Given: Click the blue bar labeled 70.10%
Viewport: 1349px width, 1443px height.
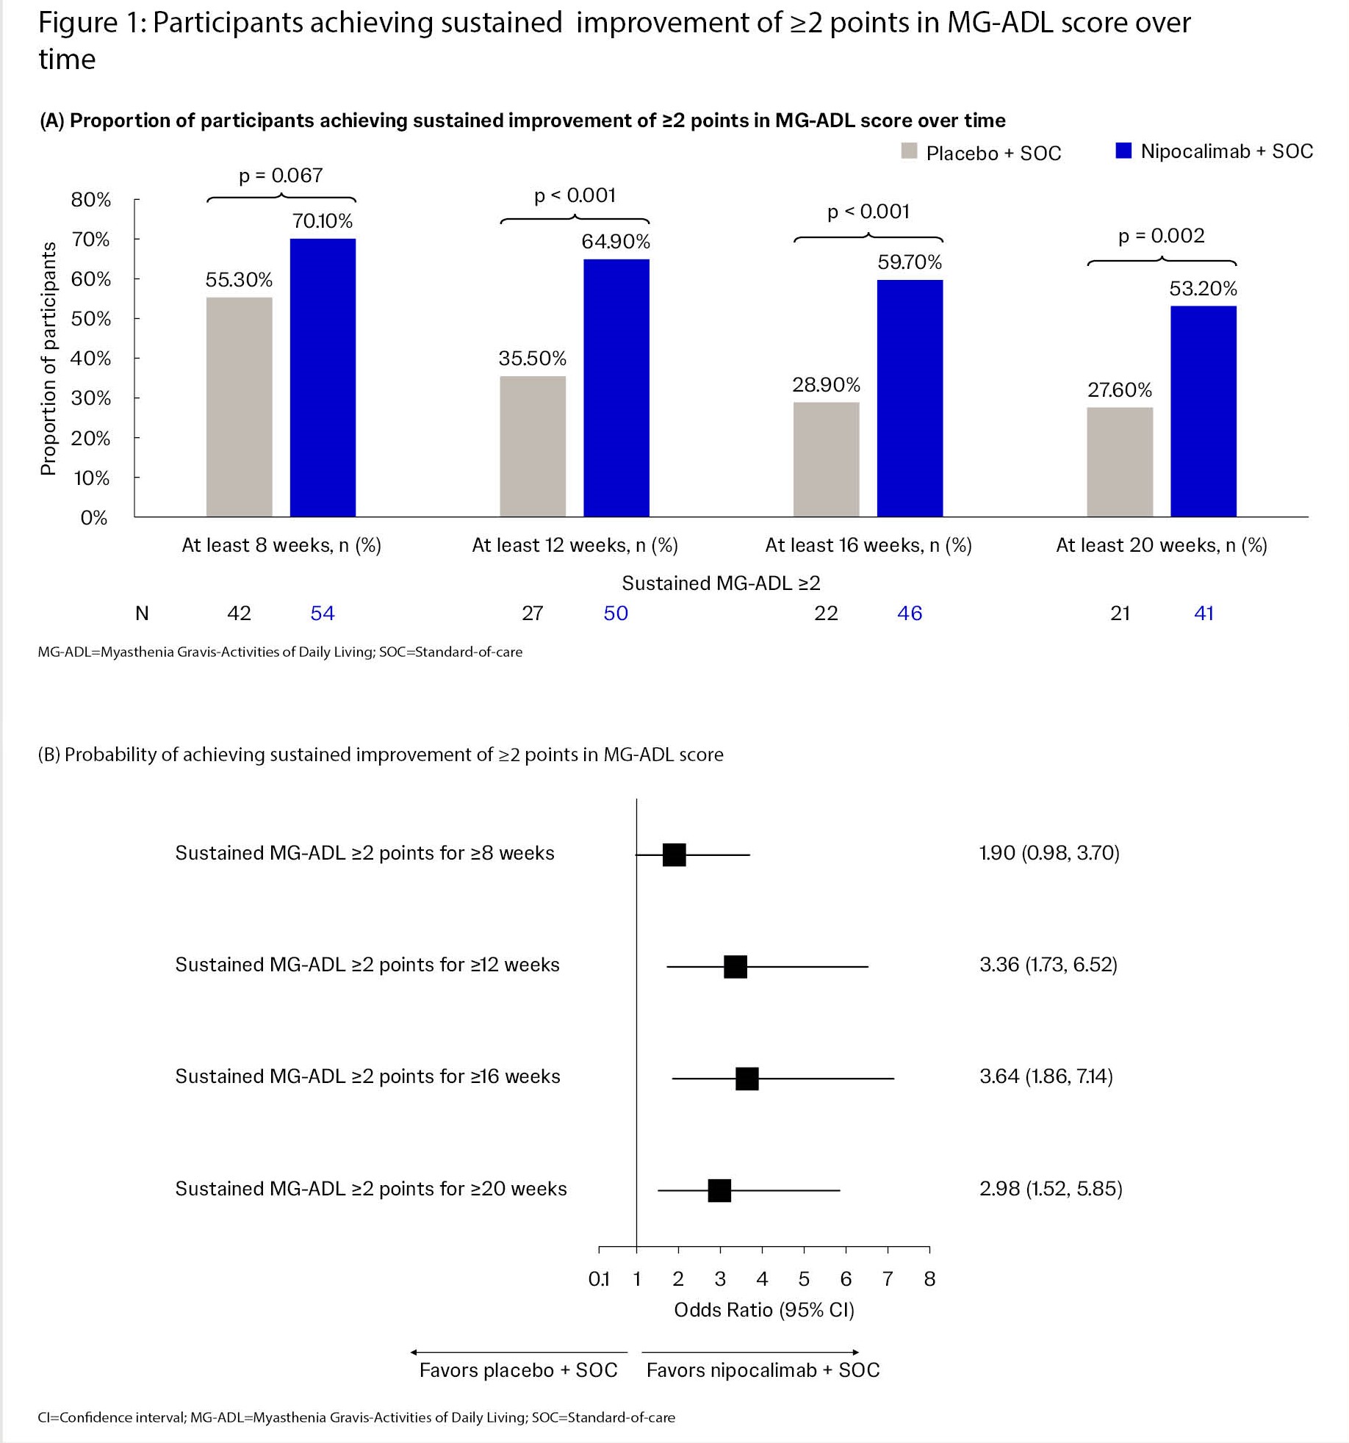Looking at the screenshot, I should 323,378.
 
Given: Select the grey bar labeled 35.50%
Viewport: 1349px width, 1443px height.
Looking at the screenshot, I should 533,446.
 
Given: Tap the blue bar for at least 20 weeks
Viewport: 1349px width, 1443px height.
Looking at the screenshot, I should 1203,411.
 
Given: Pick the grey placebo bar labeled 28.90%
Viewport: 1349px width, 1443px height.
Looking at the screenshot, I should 826,459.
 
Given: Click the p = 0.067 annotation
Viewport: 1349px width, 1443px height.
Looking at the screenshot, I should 281,176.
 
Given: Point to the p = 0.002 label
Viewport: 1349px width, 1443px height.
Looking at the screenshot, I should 1161,236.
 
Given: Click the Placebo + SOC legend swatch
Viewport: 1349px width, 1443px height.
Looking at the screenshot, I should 910,151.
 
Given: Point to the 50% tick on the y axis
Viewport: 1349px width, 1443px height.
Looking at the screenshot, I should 91,319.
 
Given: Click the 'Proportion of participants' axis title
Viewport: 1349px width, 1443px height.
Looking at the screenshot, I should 48,359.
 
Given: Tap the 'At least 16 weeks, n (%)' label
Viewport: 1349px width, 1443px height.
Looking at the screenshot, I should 868,545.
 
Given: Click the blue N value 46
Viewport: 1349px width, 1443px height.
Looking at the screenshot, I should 909,613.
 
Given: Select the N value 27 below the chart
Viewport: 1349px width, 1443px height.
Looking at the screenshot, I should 532,613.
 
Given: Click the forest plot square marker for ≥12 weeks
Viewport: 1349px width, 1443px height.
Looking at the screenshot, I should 735,967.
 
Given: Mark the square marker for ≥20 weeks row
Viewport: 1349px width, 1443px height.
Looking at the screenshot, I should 719,1191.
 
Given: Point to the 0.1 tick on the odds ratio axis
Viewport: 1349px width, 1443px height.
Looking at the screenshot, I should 599,1279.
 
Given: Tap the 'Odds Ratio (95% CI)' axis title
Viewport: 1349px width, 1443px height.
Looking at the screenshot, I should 763,1310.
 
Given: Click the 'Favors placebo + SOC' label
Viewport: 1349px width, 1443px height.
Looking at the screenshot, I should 518,1370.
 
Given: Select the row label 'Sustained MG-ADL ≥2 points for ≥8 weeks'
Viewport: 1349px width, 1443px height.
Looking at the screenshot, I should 364,853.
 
